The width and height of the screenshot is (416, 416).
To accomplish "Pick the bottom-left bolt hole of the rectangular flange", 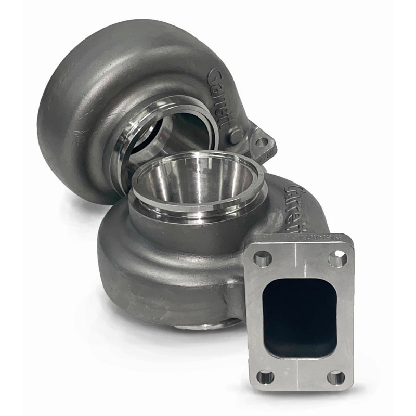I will click(266, 376).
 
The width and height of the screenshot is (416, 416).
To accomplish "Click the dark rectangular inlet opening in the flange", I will click(300, 317).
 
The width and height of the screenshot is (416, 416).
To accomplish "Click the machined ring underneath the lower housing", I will click(208, 324).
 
